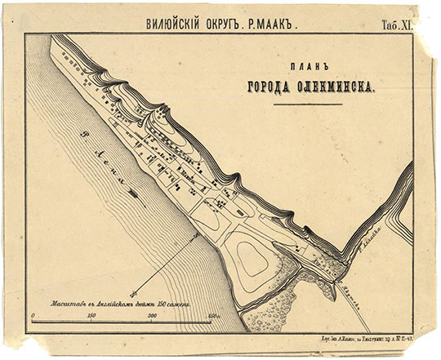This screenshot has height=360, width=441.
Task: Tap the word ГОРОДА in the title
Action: point(269,89)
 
